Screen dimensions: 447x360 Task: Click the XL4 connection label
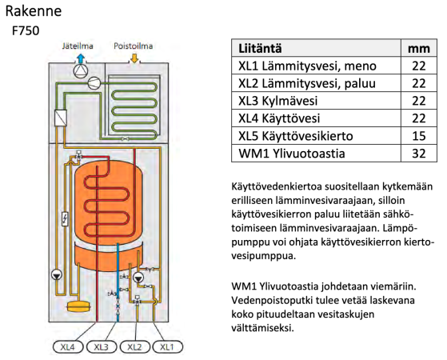coord(68,347)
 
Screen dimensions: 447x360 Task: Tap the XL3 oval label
coord(102,347)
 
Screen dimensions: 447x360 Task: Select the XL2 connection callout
coord(134,347)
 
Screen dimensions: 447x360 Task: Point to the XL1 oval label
coord(168,347)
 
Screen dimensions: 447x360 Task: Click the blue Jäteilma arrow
coord(81,58)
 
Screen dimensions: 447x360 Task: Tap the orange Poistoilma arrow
coord(134,58)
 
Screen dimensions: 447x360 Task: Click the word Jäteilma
coord(78,46)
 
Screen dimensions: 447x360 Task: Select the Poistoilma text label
coord(133,46)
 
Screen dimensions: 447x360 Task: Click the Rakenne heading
coord(34,11)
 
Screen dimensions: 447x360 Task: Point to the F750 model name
coord(26,31)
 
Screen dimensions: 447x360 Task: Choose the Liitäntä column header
coord(260,48)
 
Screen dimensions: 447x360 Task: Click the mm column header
coord(419,49)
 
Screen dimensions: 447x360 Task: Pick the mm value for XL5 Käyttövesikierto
coord(419,136)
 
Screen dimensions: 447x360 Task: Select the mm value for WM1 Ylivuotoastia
coord(419,154)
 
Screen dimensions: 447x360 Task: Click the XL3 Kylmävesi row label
coord(278,101)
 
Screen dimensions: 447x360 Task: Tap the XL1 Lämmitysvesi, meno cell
coord(307,66)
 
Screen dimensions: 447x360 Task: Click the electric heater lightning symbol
coord(66,218)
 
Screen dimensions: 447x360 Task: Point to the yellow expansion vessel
coord(78,307)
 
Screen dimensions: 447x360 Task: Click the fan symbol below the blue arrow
coord(81,70)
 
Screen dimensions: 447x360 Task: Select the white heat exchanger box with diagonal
coord(61,118)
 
